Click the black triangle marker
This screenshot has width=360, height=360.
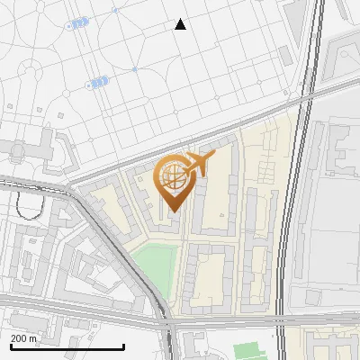pos(181,24)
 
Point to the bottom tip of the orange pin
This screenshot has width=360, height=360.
pos(173,211)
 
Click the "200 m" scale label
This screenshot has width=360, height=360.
pos(25,338)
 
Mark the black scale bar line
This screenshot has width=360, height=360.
pos(67,346)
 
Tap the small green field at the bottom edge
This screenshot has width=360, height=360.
pos(251,351)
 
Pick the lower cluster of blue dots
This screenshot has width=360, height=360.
pos(97,82)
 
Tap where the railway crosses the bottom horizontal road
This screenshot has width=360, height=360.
pos(284,310)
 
